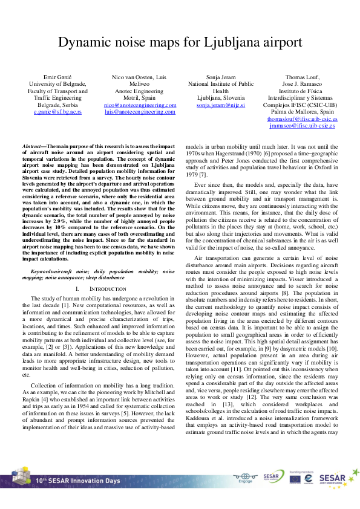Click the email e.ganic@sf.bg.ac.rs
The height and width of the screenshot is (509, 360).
(58, 112)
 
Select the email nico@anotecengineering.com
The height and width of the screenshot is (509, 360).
(140, 105)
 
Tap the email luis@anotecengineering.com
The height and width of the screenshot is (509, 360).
(140, 112)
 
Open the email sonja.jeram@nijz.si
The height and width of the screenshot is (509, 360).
(220, 105)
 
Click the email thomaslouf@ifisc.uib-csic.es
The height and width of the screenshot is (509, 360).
(302, 119)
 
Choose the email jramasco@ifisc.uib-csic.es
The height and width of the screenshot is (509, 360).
(302, 126)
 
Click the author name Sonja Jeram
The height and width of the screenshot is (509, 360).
(220, 77)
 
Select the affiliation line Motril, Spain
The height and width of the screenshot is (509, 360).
(140, 98)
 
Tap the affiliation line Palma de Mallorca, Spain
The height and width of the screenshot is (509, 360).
(302, 112)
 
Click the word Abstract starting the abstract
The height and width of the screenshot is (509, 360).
(32, 147)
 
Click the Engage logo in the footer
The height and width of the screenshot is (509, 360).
(246, 478)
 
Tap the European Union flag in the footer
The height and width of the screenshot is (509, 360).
(295, 478)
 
